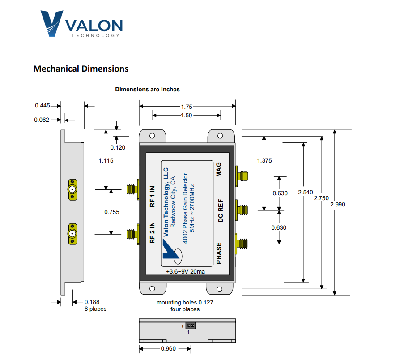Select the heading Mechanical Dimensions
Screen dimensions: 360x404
81,69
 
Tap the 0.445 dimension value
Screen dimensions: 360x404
43,106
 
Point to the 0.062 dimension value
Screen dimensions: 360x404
43,120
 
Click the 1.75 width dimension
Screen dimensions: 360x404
187,107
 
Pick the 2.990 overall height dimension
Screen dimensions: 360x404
337,204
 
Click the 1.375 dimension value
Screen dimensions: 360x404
265,160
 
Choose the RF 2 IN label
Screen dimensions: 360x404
152,233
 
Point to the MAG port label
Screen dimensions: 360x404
219,169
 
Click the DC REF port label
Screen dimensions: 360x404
220,210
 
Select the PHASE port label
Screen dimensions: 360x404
219,253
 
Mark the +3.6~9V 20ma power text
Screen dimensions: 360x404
187,272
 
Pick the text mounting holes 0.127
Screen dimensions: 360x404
185,303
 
